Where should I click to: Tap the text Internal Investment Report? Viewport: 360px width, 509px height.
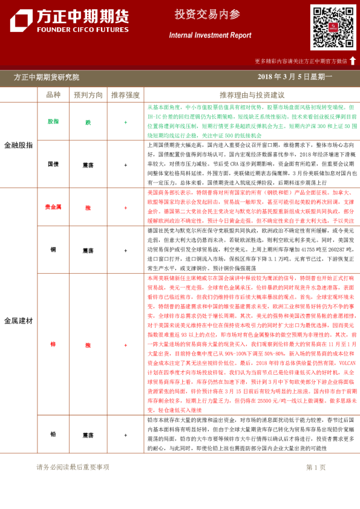tap(210, 36)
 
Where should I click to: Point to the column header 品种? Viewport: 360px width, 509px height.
tap(53, 95)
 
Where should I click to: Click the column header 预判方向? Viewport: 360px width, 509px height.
tap(88, 95)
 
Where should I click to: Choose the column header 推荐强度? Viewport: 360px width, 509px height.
tap(125, 95)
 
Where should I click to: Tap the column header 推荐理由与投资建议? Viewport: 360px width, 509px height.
tap(252, 95)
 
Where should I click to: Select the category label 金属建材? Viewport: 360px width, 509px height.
tap(18, 320)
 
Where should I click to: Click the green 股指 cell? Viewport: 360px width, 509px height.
tap(53, 122)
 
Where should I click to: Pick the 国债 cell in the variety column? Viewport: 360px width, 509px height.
tap(53, 164)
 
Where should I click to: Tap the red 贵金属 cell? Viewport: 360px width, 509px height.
tap(53, 207)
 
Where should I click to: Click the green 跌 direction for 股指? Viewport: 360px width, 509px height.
tap(88, 122)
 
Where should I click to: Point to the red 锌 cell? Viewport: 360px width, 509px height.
tap(53, 345)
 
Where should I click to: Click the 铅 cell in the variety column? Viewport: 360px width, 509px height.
tap(53, 434)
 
